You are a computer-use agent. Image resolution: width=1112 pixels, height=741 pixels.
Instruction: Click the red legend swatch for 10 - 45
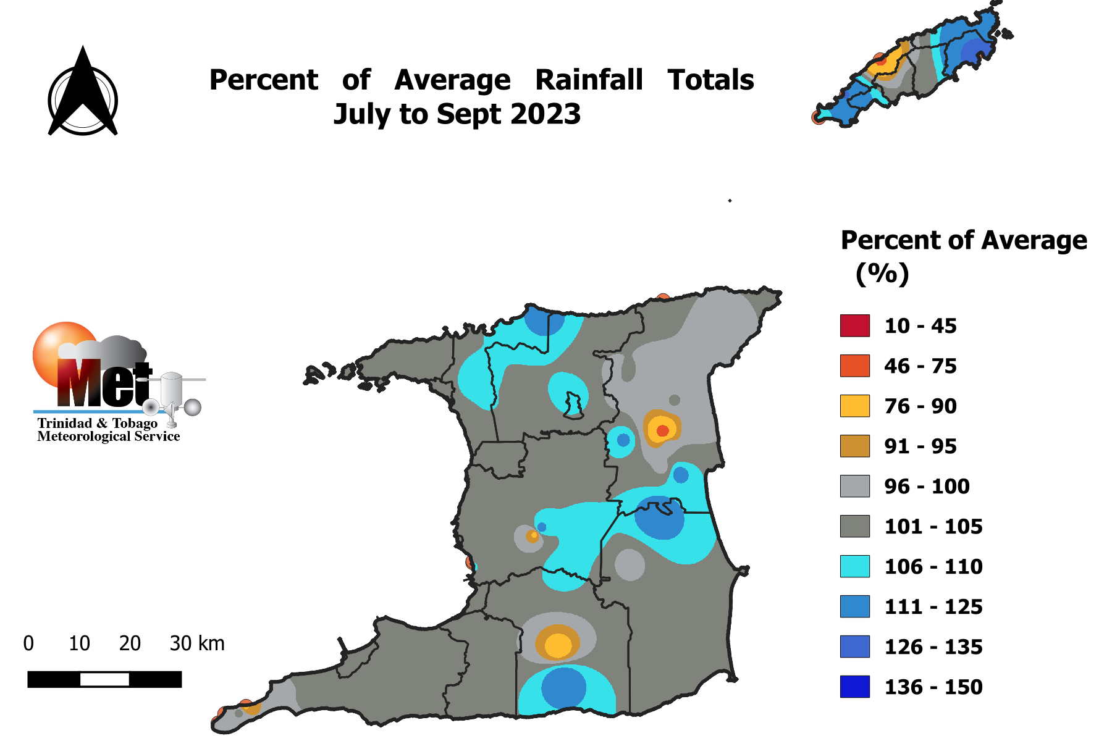coord(854,325)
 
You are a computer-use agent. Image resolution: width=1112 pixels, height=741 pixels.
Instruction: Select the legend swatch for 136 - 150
coord(854,687)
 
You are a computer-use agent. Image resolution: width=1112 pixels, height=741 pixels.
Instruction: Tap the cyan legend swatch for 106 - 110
coord(854,566)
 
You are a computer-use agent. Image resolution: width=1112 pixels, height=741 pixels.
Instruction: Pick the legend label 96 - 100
coord(927,487)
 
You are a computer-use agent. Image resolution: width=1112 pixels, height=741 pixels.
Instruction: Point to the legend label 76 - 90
coord(920,406)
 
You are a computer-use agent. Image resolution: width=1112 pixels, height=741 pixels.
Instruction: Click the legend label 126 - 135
coord(933,647)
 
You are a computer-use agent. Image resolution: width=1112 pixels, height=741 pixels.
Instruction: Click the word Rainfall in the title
coord(589,80)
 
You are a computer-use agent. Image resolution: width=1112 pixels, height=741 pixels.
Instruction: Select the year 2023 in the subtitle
coord(545,114)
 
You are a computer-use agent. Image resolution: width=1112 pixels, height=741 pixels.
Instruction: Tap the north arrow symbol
coord(83,93)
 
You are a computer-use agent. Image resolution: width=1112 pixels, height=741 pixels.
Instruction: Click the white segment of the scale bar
coord(104,679)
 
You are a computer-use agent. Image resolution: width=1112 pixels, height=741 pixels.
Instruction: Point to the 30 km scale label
coord(197,643)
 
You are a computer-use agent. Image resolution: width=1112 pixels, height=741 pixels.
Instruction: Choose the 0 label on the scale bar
coord(28,643)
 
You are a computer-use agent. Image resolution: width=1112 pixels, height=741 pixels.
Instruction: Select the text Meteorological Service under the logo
coord(109,437)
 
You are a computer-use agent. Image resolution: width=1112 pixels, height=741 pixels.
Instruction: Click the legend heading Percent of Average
coord(964,240)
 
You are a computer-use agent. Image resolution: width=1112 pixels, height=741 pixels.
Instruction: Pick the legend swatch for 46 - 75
coord(854,366)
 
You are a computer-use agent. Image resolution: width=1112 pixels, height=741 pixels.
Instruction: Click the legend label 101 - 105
coord(933,527)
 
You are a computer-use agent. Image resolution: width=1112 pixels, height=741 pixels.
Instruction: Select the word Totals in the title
coord(710,80)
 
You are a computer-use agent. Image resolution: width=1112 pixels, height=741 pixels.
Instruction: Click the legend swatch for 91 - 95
coord(854,446)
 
